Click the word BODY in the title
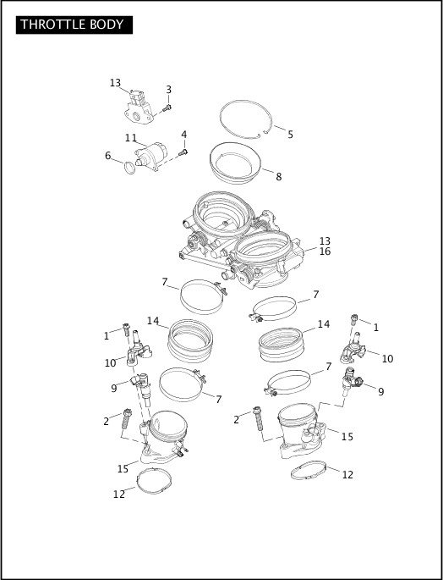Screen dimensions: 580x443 point(110,25)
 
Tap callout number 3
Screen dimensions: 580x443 point(168,90)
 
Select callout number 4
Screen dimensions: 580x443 point(183,135)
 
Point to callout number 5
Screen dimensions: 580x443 point(290,135)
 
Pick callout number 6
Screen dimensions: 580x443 point(107,156)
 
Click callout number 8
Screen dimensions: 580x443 point(278,177)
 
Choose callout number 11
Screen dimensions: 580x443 point(131,138)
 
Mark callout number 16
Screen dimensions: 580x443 point(325,251)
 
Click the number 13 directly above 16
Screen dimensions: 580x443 point(325,240)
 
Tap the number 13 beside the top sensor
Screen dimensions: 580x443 point(115,83)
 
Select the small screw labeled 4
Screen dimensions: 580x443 point(184,152)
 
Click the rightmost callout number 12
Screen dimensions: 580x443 point(347,475)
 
